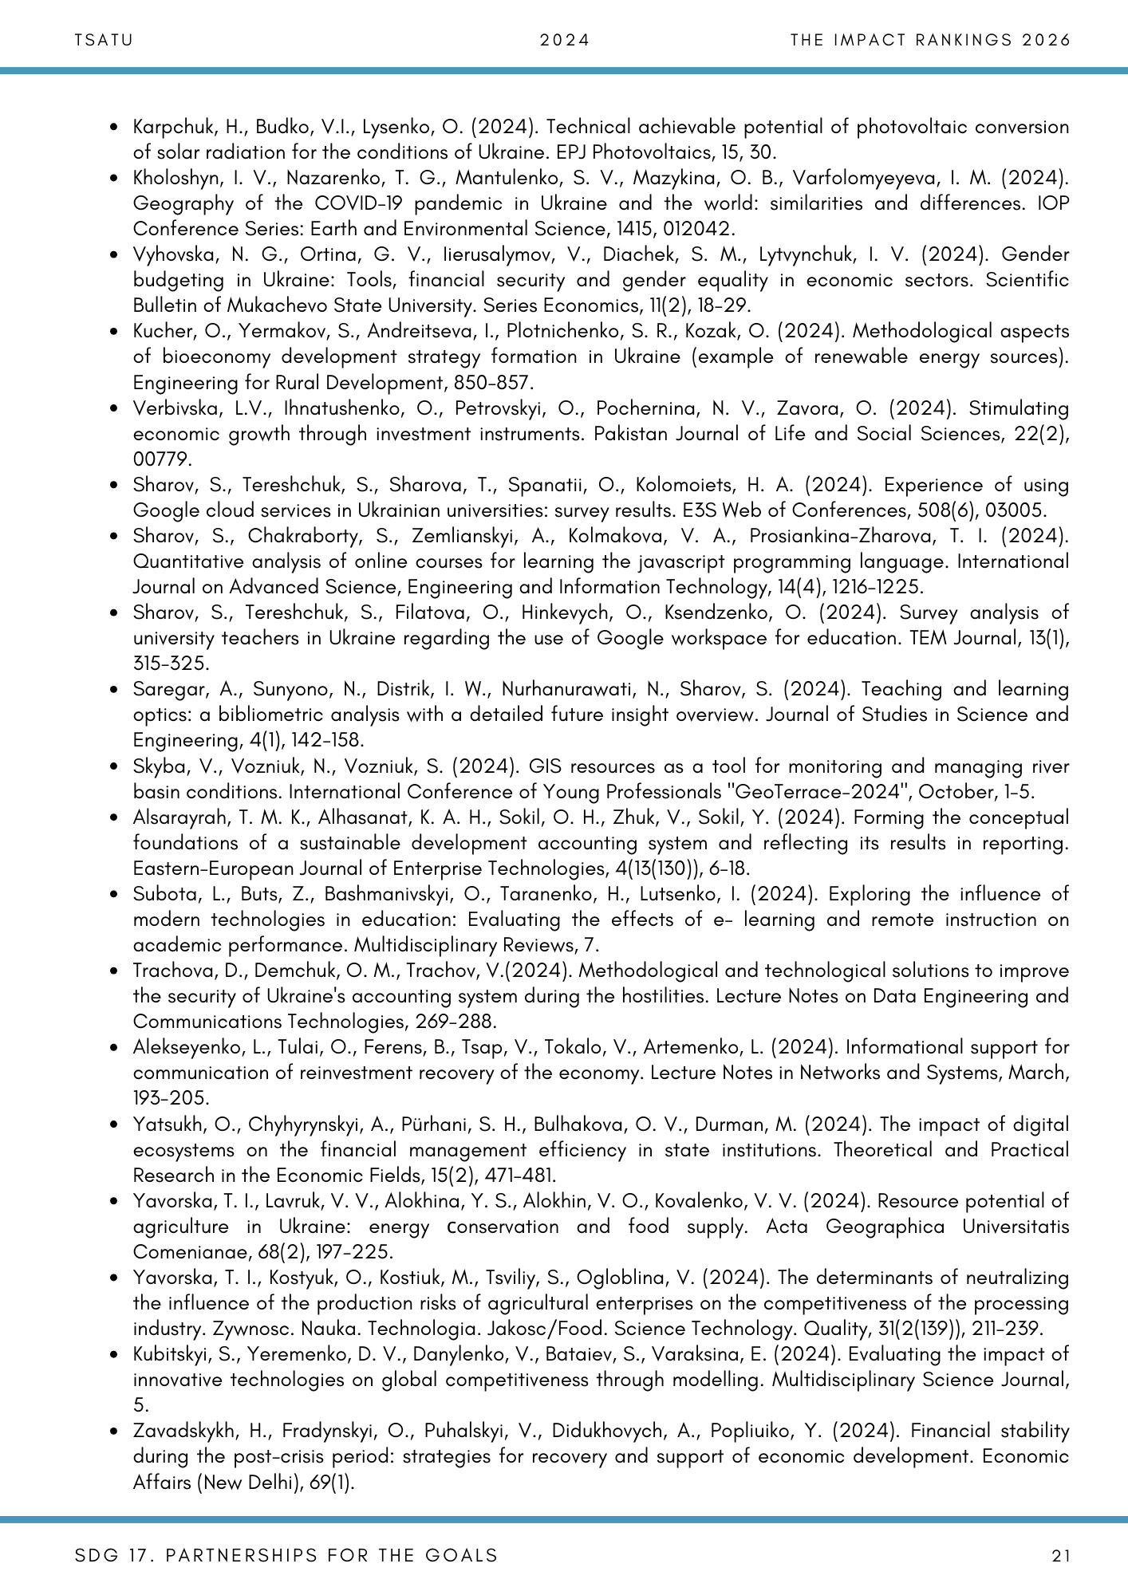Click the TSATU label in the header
[x=103, y=40]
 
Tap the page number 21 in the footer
[x=1061, y=1555]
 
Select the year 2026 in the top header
[x=1045, y=40]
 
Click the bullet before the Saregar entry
[x=116, y=690]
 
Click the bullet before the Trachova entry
[x=116, y=971]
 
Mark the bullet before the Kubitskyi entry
[x=116, y=1355]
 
